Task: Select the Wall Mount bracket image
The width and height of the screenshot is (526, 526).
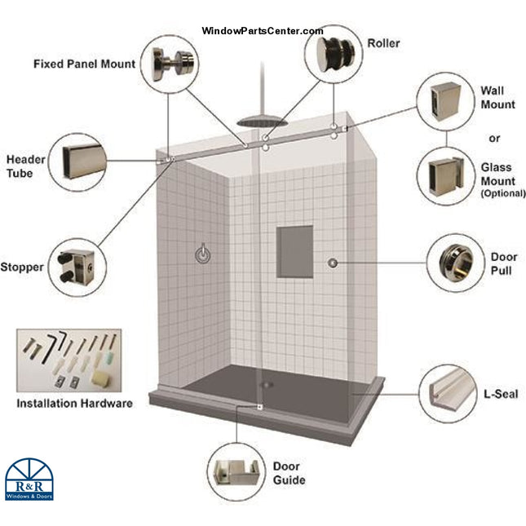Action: pyautogui.click(x=447, y=103)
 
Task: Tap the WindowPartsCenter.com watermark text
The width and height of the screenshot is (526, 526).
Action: pyautogui.click(x=262, y=31)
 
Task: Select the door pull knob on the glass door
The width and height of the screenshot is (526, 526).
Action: pyautogui.click(x=333, y=262)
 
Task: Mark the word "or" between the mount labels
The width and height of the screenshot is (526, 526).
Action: pyautogui.click(x=495, y=137)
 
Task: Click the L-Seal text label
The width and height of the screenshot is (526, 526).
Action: pyautogui.click(x=501, y=394)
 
